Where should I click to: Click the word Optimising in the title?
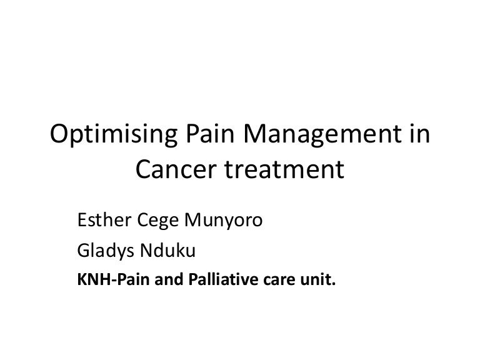click(114, 135)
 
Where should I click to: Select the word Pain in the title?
click(210, 133)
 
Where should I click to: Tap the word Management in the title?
click(322, 135)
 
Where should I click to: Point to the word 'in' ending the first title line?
click(420, 133)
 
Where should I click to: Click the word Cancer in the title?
click(176, 169)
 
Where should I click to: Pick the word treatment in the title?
click(285, 169)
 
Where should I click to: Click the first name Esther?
click(104, 219)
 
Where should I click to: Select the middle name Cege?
click(157, 221)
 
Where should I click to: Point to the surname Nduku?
click(167, 250)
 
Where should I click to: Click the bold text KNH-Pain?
click(113, 279)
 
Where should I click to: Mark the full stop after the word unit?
click(333, 284)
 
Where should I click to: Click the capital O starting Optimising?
click(60, 133)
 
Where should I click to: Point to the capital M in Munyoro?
click(194, 220)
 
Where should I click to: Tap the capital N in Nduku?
click(147, 250)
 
